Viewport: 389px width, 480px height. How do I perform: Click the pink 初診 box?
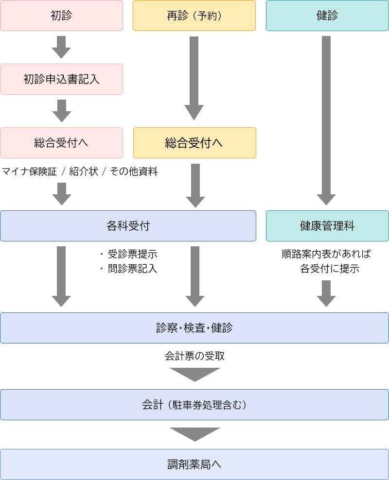coord(61,16)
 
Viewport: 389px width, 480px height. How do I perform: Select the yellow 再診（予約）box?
coord(194,16)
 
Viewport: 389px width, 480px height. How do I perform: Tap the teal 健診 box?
coord(327,16)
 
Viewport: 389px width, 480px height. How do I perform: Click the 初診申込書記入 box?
coord(61,79)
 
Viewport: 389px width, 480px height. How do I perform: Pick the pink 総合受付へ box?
coord(61,143)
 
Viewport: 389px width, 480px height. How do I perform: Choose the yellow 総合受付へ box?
coord(194,143)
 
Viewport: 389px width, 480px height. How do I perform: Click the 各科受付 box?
coord(128,226)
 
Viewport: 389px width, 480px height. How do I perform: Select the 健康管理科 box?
coord(327,226)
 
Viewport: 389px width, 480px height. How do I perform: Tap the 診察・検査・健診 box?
coord(194,328)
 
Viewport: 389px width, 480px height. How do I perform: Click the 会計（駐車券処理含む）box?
coord(194,405)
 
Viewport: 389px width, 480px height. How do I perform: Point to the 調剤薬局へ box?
coord(194,464)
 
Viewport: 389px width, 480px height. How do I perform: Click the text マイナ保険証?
coord(30,171)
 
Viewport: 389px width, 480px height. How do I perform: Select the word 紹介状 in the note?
coord(84,171)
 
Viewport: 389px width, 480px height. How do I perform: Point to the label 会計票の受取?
coord(194,356)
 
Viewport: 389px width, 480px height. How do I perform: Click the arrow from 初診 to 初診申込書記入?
coord(61,47)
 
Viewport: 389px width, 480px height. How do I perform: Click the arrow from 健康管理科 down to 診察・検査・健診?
coord(326,293)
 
